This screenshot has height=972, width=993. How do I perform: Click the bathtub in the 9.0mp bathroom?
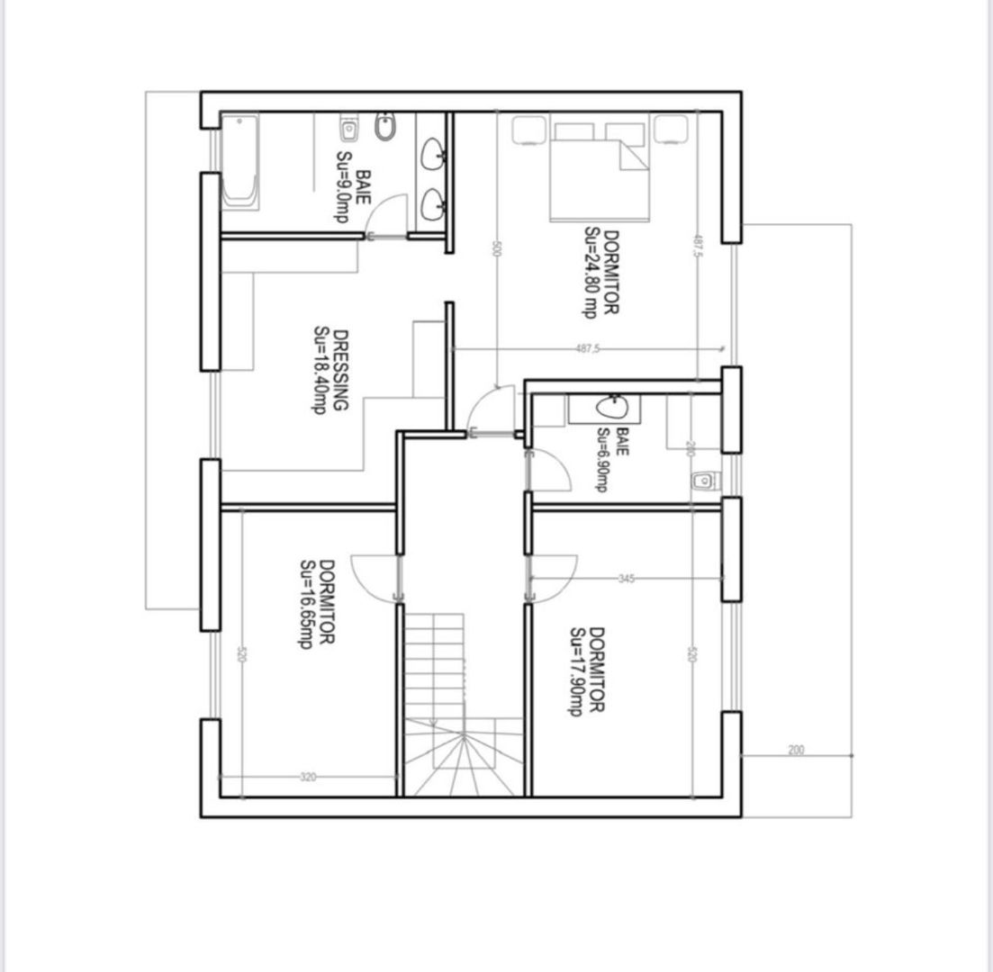(x=240, y=162)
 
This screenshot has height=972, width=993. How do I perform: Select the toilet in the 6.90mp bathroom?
(x=703, y=481)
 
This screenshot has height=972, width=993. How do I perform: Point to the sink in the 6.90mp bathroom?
(x=610, y=408)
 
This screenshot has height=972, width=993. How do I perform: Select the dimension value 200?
(x=796, y=750)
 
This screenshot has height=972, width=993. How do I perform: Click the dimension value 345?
(x=627, y=579)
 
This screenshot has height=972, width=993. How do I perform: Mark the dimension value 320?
(x=308, y=777)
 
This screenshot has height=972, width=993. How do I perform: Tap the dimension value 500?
(x=495, y=249)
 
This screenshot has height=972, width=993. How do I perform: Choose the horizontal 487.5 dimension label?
(x=586, y=348)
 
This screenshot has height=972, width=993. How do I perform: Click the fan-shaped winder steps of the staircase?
(x=463, y=760)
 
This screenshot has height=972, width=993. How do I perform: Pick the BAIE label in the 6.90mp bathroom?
(x=623, y=441)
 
